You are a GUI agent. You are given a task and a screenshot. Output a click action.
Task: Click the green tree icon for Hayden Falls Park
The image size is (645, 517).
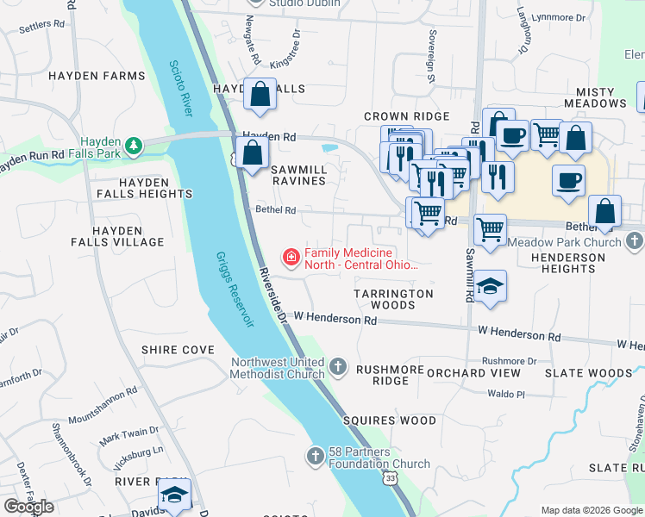(133, 146)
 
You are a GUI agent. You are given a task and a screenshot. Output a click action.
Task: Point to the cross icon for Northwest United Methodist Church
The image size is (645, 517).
(338, 368)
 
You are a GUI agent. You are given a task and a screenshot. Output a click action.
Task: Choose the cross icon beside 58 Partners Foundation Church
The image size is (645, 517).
(316, 455)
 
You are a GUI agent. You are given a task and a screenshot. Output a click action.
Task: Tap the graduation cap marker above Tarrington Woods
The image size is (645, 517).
(490, 286)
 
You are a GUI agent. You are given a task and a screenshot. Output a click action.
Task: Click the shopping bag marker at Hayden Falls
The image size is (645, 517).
(260, 95)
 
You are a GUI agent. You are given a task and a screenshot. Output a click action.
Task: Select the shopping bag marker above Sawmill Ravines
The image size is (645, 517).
(251, 155)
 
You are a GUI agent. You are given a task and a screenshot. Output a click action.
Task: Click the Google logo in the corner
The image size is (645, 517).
(28, 507)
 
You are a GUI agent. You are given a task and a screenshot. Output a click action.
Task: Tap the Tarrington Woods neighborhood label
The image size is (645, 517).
(393, 299)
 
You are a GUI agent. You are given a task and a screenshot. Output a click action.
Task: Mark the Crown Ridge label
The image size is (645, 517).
(406, 116)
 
